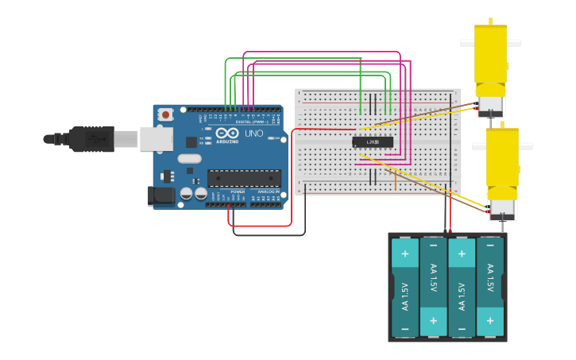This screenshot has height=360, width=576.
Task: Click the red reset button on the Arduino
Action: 165,114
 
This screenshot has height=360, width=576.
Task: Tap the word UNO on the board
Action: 253,134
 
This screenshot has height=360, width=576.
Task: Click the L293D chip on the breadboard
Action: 373,142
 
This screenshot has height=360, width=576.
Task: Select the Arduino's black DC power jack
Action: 161,195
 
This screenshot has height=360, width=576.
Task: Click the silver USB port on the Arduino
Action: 156,139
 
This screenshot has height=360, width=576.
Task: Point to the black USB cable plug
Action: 92,139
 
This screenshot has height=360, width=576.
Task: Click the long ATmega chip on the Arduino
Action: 244,179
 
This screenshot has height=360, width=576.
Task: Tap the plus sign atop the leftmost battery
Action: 404,254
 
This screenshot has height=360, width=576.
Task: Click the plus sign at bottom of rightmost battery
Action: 489,321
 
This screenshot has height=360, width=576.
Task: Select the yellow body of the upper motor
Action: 490,60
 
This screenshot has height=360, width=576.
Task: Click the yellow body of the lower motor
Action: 502,163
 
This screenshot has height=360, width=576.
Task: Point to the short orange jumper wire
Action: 395,180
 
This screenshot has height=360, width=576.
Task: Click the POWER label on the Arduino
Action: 238,192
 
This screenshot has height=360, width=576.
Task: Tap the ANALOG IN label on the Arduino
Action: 267,192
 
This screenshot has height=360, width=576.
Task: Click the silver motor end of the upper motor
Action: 490,106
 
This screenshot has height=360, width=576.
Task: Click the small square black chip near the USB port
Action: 191,142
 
